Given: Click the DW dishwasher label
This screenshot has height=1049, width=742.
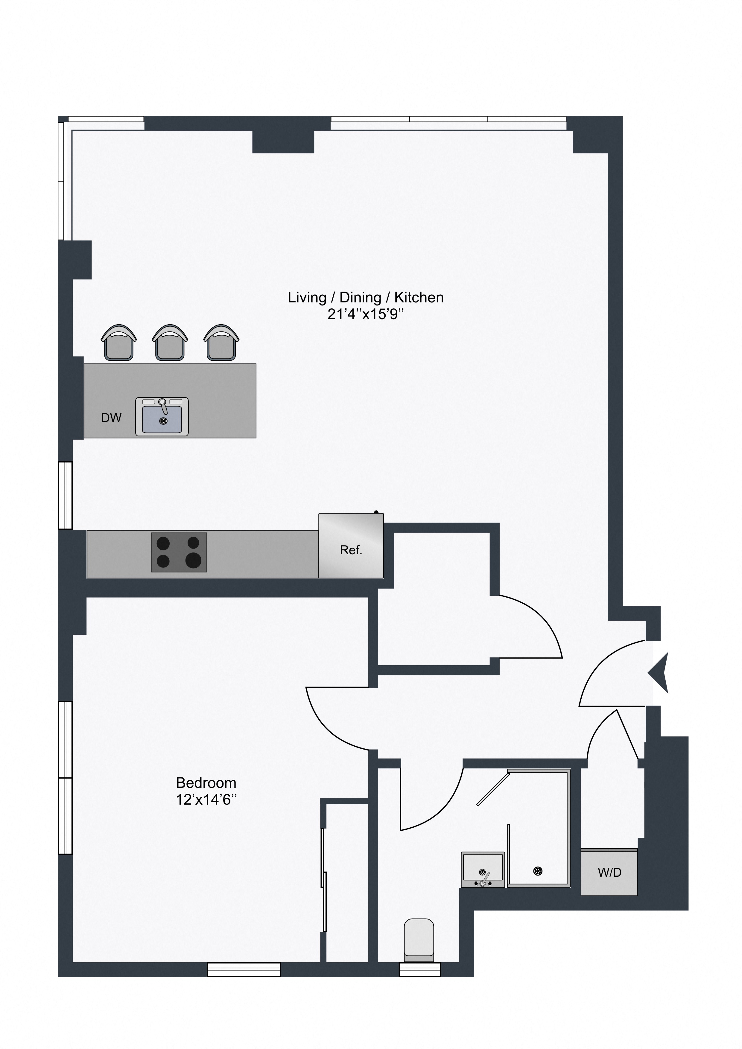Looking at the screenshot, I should click(x=111, y=418).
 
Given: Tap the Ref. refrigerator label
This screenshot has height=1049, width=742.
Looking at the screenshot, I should click(x=351, y=550).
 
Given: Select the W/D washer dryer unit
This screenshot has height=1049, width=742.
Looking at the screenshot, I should click(x=609, y=873).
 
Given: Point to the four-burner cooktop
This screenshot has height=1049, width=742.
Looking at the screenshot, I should click(x=179, y=552).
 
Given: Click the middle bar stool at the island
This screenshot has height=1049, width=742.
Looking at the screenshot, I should click(x=170, y=343).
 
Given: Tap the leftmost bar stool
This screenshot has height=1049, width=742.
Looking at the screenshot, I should click(x=119, y=343).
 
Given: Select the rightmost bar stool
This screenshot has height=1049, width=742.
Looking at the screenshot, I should click(x=221, y=343).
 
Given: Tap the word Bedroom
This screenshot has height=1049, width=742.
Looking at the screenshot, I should click(x=206, y=783).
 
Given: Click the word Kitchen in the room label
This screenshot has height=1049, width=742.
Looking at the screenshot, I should click(x=419, y=297).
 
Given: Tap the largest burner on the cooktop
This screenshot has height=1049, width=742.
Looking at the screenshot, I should click(x=194, y=560).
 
